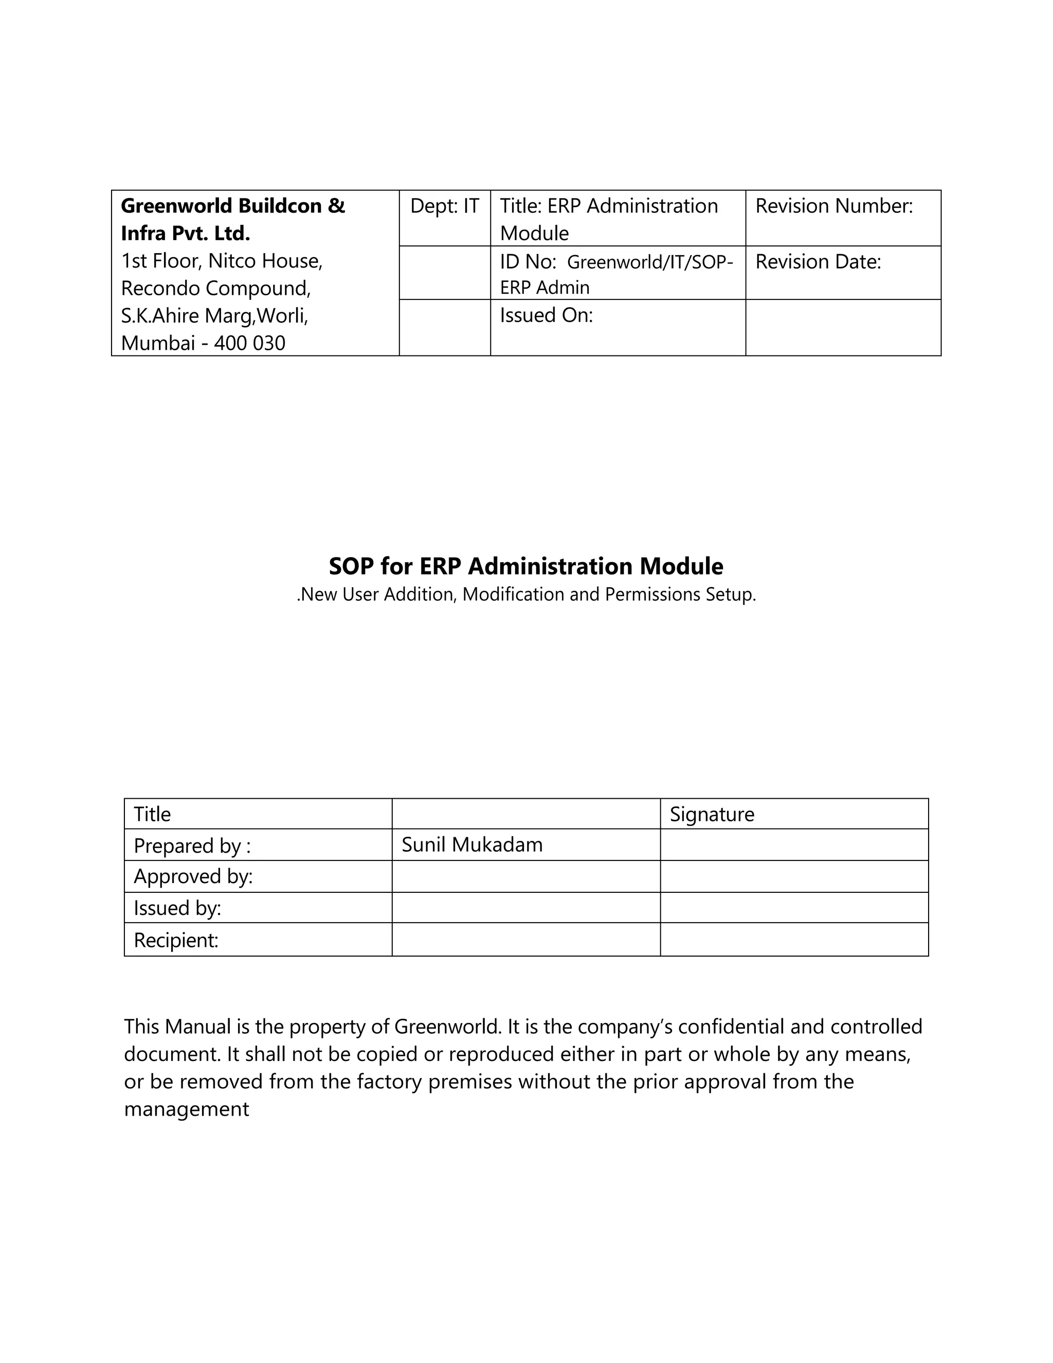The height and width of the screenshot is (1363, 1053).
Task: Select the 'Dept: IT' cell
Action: tap(444, 206)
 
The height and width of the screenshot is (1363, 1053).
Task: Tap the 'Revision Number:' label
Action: tap(833, 206)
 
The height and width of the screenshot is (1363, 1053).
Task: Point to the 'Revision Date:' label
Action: tap(818, 261)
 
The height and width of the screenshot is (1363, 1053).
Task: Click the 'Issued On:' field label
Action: tap(546, 315)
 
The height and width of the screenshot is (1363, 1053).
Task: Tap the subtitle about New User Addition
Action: tap(526, 594)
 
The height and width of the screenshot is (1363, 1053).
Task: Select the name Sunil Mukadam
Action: tap(471, 845)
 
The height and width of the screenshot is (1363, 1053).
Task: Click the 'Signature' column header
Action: tap(712, 814)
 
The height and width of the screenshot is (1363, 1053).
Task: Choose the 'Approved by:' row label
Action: tap(193, 876)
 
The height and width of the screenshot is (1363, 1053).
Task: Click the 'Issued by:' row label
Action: tap(177, 907)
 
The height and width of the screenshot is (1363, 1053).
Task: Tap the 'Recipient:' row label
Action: tap(176, 940)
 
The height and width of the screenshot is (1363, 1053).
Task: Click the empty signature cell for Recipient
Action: tap(793, 940)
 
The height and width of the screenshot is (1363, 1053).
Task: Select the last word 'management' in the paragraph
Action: tap(186, 1109)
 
